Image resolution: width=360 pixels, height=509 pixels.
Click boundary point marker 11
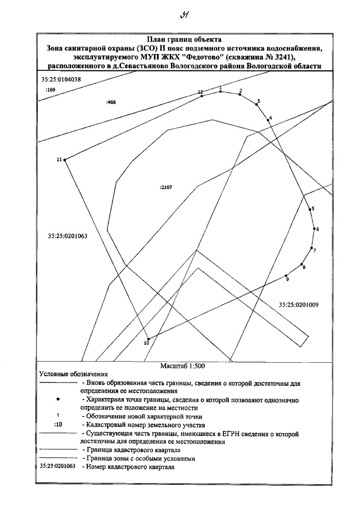[x=65, y=160]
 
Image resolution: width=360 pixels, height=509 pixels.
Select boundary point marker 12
[x=202, y=96]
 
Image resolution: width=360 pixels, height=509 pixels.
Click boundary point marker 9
[x=286, y=276]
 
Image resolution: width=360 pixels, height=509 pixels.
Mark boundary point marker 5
[x=309, y=209]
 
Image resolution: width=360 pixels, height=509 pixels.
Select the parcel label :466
[x=111, y=102]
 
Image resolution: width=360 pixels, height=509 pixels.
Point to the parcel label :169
[x=51, y=90]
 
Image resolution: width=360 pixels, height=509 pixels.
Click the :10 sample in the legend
[x=57, y=424]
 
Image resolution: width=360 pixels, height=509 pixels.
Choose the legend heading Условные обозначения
[x=73, y=373]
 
